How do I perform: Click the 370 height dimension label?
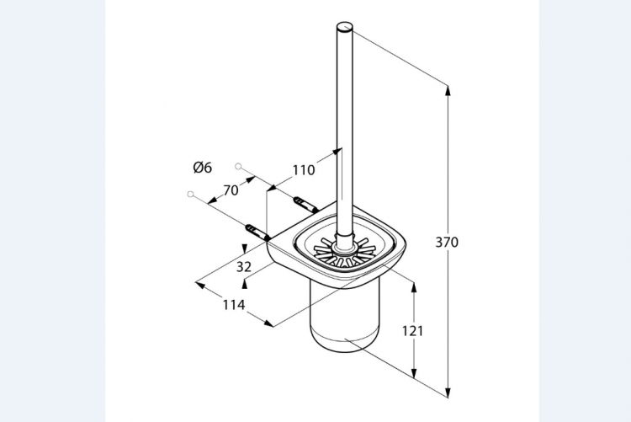click(x=447, y=243)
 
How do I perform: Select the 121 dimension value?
click(x=413, y=331)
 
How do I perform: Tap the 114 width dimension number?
click(x=234, y=305)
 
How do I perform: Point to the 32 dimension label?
click(x=244, y=266)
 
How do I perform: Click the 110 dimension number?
click(x=304, y=170)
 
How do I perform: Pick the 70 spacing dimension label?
click(x=231, y=190)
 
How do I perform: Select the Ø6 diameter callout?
click(x=203, y=168)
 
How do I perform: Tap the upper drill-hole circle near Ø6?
click(x=238, y=166)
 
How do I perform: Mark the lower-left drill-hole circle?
click(x=190, y=195)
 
